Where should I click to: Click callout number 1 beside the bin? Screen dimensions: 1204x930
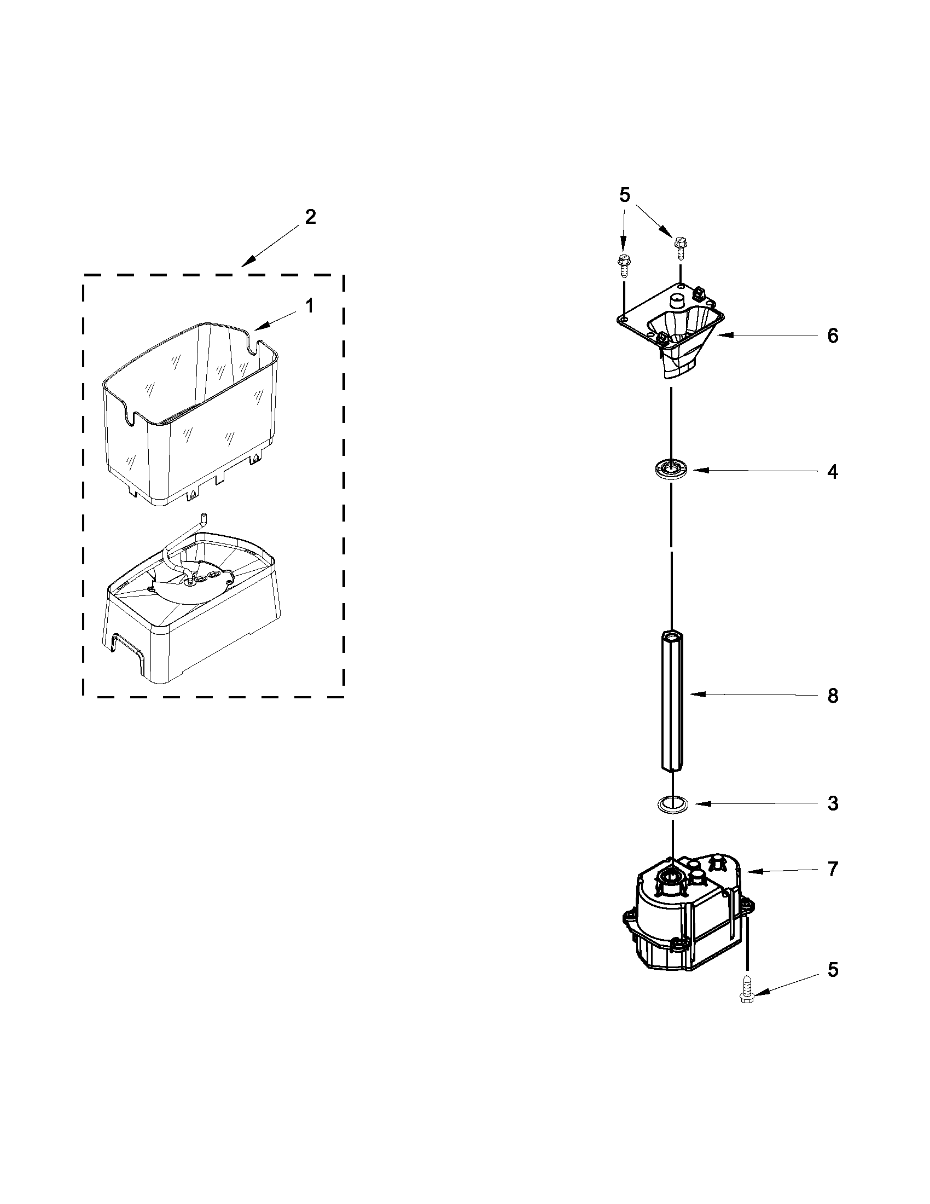pos(310,306)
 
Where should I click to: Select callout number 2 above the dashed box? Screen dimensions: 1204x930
pos(311,217)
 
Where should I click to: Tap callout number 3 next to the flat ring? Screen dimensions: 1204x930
pos(833,803)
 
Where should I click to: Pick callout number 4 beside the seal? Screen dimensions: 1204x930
pos(833,472)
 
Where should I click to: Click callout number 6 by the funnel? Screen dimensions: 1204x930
pos(833,335)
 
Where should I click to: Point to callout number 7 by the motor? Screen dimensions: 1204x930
pos(833,870)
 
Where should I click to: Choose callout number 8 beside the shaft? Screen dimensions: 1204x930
pos(833,696)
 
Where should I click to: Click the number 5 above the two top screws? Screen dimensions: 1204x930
pos(624,195)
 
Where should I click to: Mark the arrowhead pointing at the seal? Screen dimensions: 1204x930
pos(695,470)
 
